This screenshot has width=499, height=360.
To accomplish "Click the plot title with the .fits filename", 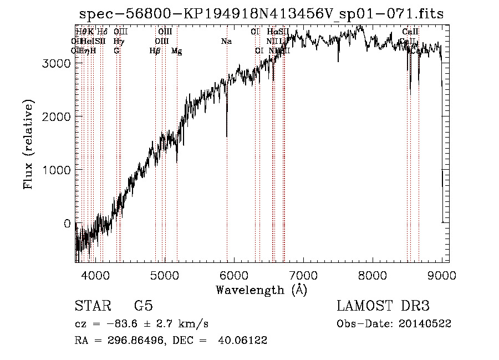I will pyautogui.click(x=261, y=14).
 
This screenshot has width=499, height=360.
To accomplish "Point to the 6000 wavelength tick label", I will pyautogui.click(x=234, y=275).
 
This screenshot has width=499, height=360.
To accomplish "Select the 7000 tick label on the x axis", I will pyautogui.click(x=303, y=275).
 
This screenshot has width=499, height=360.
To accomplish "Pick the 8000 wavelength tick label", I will pyautogui.click(x=373, y=275).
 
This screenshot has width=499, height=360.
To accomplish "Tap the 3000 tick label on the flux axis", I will pyautogui.click(x=56, y=63).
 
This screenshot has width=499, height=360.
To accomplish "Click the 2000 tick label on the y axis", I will pyautogui.click(x=56, y=116).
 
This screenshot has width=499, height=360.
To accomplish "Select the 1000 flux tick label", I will pyautogui.click(x=56, y=170).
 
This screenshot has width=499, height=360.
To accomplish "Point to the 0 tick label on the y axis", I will pyautogui.click(x=67, y=224).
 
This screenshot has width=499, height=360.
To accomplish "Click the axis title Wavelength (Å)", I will pyautogui.click(x=261, y=290).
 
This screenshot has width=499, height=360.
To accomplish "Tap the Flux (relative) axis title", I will pyautogui.click(x=28, y=144).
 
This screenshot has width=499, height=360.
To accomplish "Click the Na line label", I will pyautogui.click(x=226, y=42).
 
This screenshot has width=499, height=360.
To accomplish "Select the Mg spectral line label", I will pyautogui.click(x=176, y=51).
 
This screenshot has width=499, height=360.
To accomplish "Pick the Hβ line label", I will pyautogui.click(x=155, y=51).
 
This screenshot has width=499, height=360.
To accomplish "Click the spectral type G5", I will pyautogui.click(x=143, y=306).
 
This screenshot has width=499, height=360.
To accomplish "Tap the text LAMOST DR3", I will pyautogui.click(x=383, y=306).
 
